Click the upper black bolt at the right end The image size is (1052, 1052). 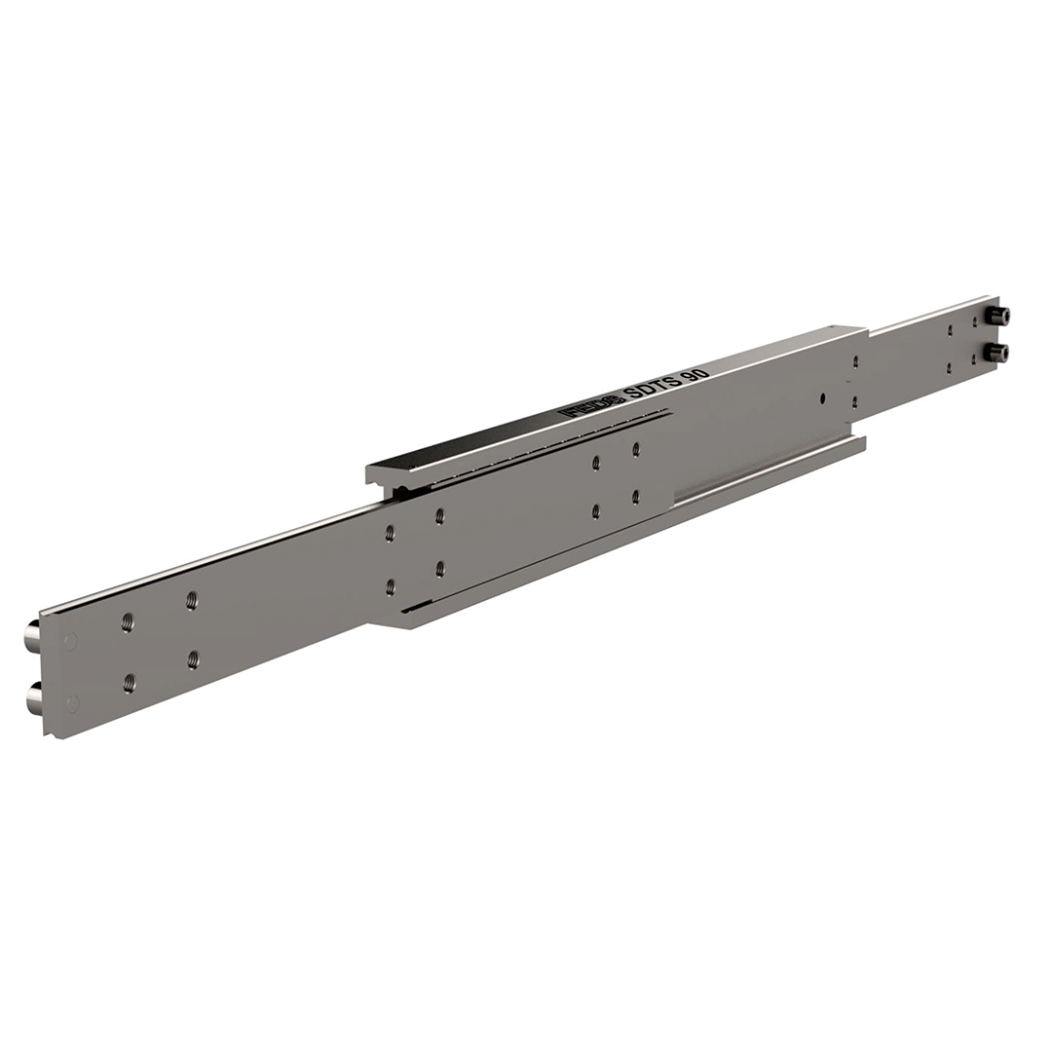pos(998,316)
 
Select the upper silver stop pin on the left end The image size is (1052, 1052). pos(32,638)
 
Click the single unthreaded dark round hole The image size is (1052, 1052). pos(823,397)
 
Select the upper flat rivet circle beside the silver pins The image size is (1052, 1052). pos(70,642)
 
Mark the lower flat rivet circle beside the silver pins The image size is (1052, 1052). pos(72,702)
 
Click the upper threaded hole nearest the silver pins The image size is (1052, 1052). pos(128,621)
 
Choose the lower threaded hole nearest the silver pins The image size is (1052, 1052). pos(130,684)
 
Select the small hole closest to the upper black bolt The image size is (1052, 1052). pos(974,321)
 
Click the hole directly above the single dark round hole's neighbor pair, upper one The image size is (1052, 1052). pos(855,361)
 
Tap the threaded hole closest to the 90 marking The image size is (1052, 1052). pos(636,449)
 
